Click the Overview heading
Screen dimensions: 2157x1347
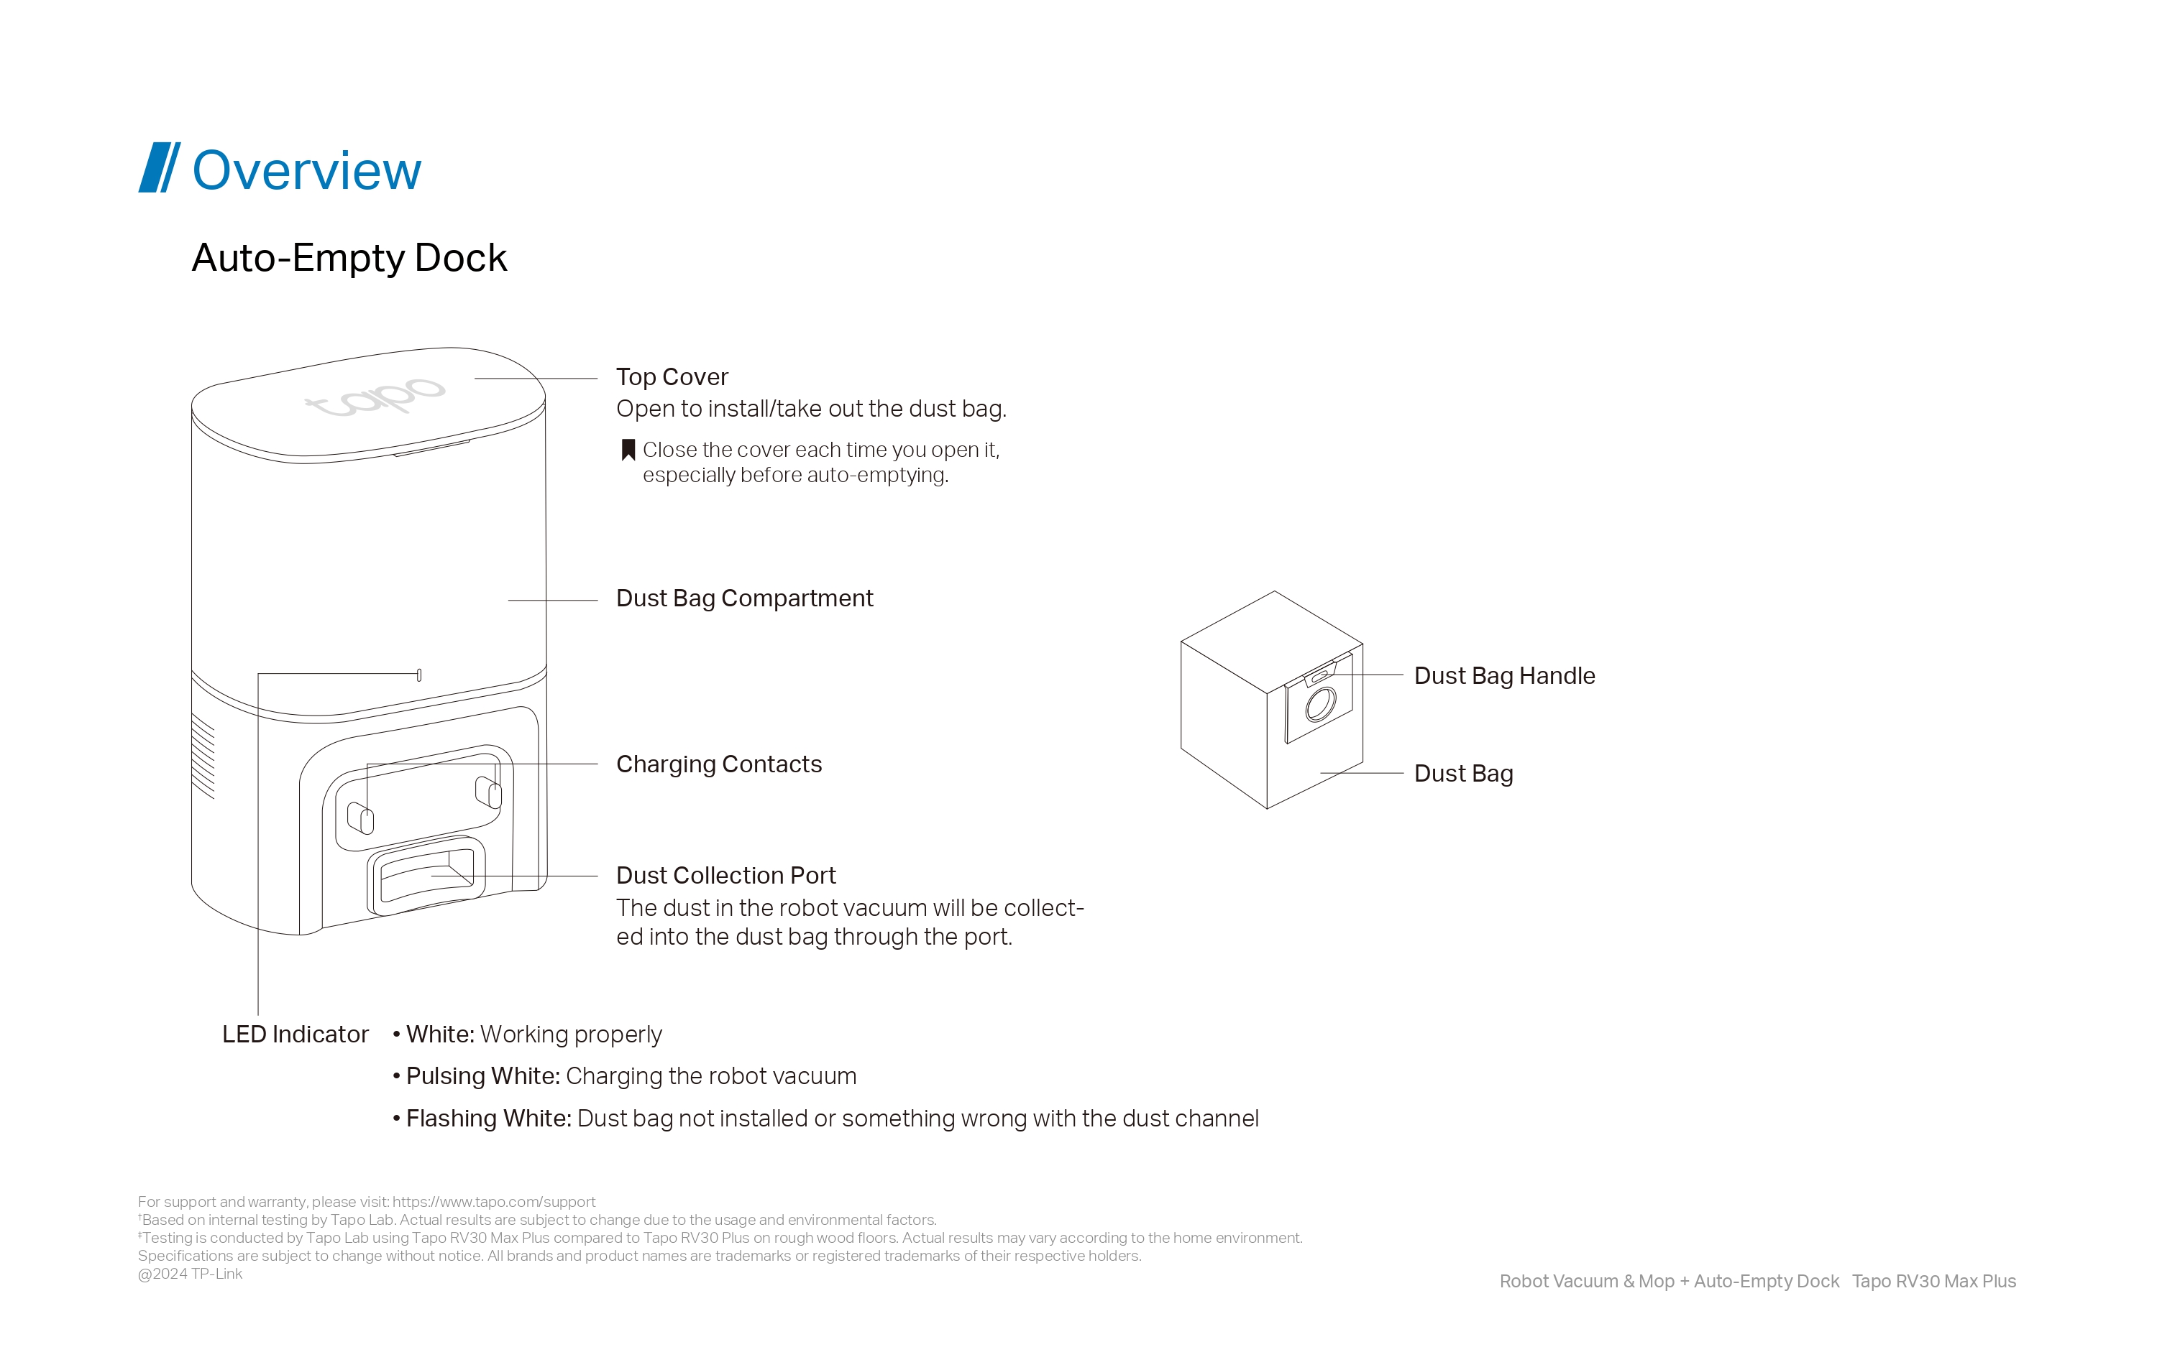click(x=306, y=170)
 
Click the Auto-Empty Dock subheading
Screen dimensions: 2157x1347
click(x=349, y=259)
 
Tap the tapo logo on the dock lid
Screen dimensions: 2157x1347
click(x=375, y=397)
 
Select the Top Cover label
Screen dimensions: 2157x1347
click(x=672, y=377)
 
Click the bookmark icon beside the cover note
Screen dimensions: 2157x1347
click(x=628, y=450)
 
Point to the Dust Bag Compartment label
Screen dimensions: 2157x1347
click(x=744, y=598)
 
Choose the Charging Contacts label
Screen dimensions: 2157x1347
click(x=719, y=764)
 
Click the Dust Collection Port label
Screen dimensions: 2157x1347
click(x=725, y=875)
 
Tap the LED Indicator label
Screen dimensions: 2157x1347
click(x=295, y=1034)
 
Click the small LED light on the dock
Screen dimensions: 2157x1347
click(x=419, y=675)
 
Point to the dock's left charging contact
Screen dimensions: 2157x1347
click(x=360, y=818)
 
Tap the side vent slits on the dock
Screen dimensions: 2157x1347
click(x=203, y=756)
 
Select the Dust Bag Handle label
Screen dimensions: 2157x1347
click(x=1505, y=675)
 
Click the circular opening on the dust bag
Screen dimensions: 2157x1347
click(x=1320, y=705)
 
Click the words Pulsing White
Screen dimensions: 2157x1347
click(x=483, y=1076)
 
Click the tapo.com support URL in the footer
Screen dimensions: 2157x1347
click(x=494, y=1202)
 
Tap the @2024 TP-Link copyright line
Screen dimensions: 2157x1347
click(x=190, y=1274)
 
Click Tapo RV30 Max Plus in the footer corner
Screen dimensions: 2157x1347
click(x=1933, y=1281)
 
